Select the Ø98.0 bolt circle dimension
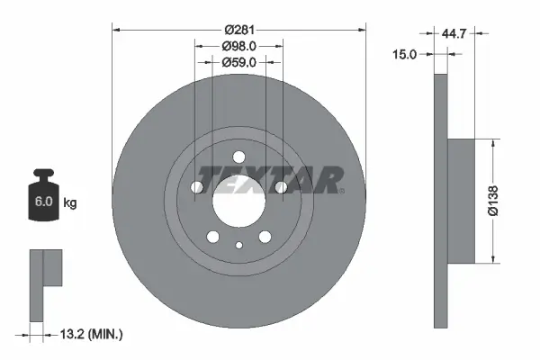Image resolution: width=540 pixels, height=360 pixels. (238, 46)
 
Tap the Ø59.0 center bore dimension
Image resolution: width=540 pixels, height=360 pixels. (238, 63)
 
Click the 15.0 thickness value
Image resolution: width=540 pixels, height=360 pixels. (406, 55)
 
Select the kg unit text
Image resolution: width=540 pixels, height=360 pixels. (69, 203)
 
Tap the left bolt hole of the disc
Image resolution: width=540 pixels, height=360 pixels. (196, 187)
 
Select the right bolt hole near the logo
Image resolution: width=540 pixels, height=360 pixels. (281, 187)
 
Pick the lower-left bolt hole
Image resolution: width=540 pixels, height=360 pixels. (212, 238)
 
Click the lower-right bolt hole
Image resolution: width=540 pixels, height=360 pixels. (265, 238)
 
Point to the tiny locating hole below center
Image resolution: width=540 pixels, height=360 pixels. (238, 245)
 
